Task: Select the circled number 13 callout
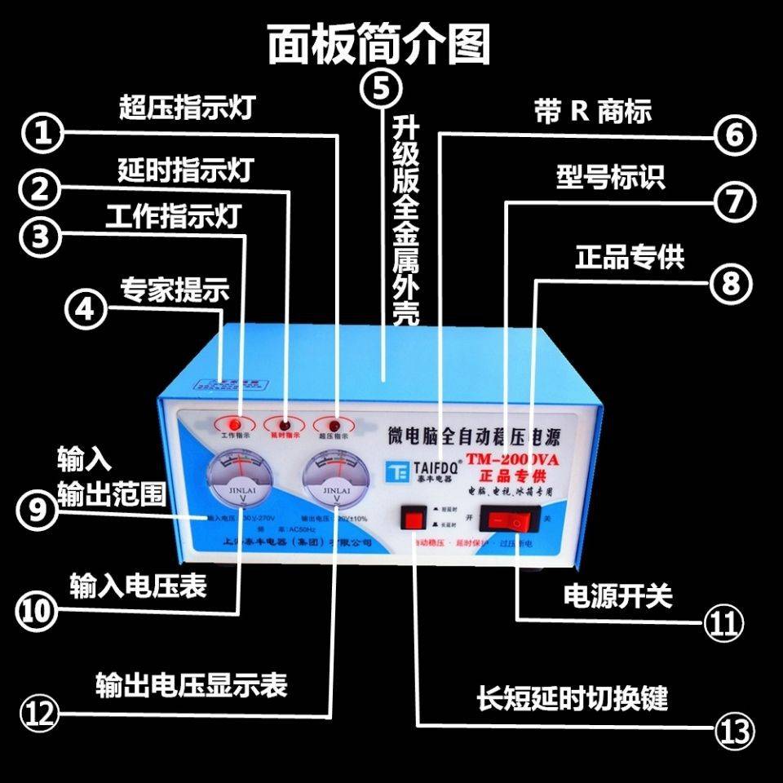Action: pyautogui.click(x=733, y=728)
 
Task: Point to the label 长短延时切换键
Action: pyautogui.click(x=573, y=698)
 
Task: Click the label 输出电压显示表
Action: pyautogui.click(x=191, y=683)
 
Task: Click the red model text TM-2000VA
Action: pyautogui.click(x=513, y=460)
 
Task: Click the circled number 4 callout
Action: pyautogui.click(x=84, y=310)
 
